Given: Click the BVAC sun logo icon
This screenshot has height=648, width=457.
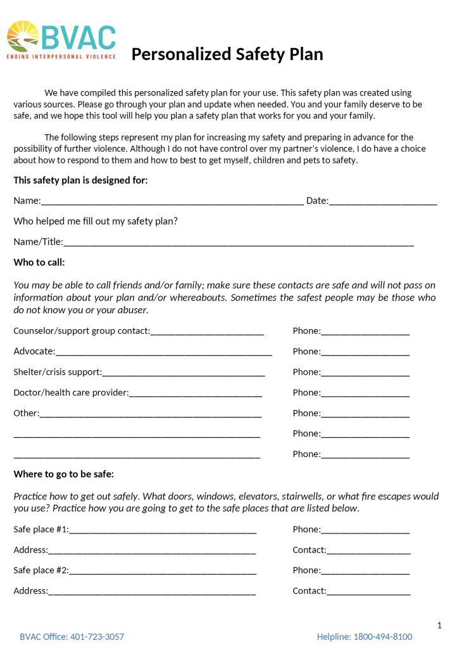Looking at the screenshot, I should (23, 36).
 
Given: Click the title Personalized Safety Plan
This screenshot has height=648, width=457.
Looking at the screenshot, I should (227, 54).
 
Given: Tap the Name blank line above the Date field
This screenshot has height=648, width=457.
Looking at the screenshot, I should (172, 202).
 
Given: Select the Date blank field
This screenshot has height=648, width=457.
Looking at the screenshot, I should (383, 202).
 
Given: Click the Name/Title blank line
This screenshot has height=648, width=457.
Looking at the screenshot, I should (239, 242).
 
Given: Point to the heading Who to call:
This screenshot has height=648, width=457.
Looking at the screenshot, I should (39, 263).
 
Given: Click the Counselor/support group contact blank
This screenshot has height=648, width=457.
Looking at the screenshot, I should (207, 332).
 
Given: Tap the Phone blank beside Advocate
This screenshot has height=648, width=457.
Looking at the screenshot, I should (365, 352).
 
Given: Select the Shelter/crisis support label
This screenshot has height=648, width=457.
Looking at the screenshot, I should (57, 372).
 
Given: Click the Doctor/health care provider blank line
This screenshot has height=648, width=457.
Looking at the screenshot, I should (196, 394).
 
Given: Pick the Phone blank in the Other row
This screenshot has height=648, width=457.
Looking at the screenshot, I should (365, 414).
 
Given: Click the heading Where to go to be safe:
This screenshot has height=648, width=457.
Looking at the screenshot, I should (64, 474).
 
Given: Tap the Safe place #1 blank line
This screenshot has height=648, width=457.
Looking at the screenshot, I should (163, 530).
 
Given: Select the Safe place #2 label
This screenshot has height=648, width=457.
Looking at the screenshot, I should (41, 570).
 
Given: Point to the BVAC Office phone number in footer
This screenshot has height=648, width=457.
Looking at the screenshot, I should (97, 637).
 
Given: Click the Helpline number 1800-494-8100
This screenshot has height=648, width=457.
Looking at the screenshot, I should (382, 637).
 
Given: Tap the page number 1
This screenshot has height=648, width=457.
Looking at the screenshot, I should (439, 626).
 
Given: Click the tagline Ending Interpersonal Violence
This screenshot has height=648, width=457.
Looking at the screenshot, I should (61, 56).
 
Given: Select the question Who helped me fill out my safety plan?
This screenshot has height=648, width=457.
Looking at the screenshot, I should (96, 221).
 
